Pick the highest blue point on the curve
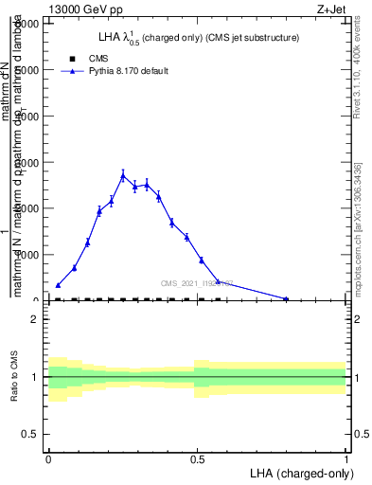pos(123,175)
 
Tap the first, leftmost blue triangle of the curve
pos(58,284)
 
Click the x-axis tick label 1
pos(345,459)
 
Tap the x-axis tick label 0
pos(48,459)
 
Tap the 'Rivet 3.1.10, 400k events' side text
pos(358,95)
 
